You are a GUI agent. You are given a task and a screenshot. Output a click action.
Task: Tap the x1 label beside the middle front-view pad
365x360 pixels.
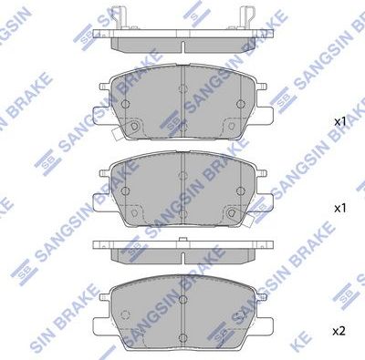(339, 208)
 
